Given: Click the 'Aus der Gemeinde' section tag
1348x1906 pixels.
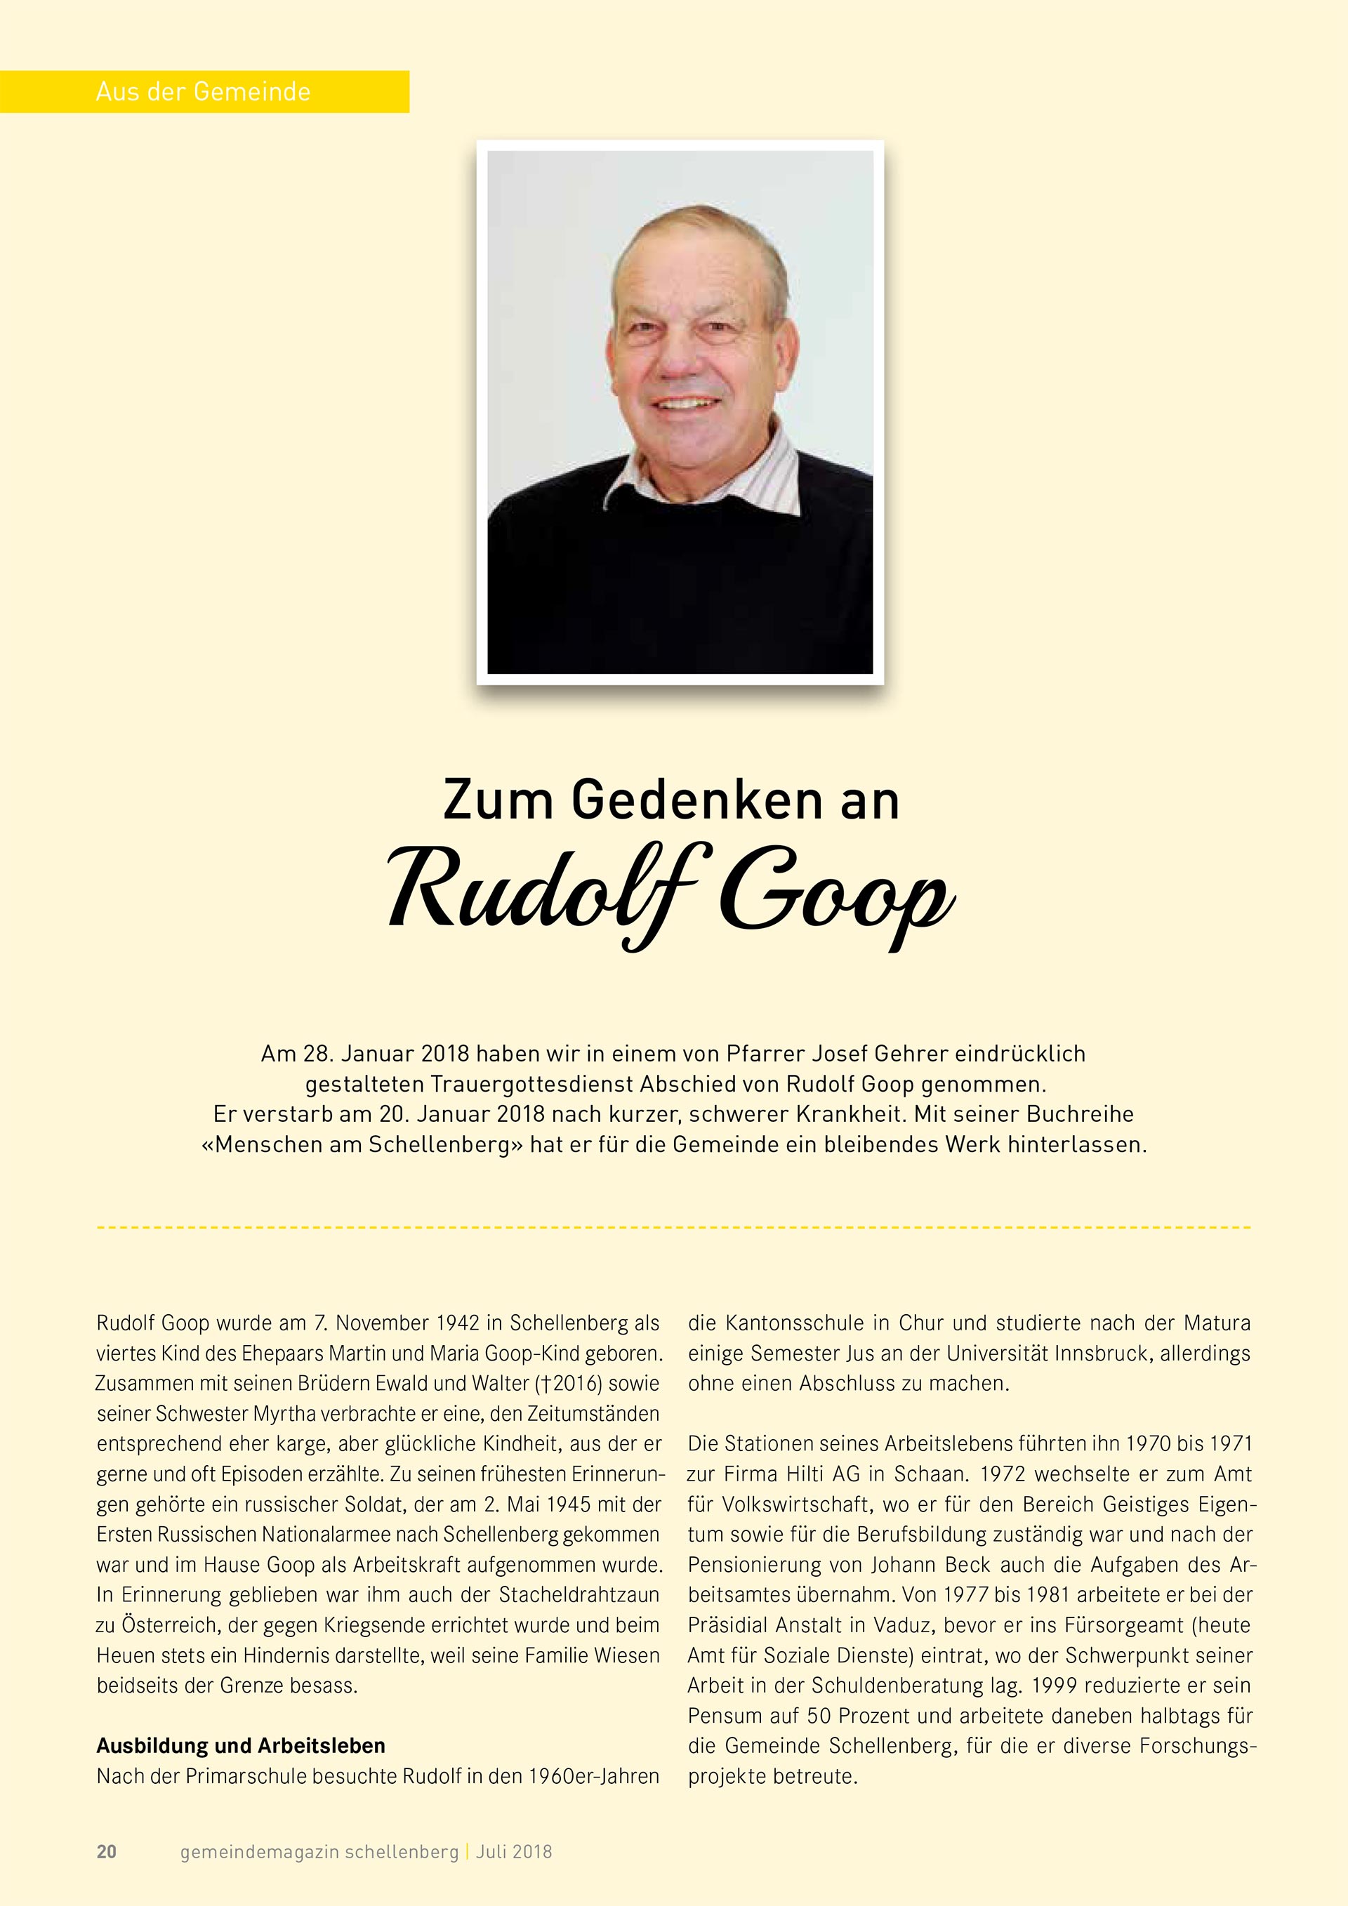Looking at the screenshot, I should [x=204, y=91].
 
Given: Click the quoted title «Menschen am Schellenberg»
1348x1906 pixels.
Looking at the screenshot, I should [x=362, y=1145].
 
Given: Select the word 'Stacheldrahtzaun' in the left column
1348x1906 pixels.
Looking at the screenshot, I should [x=579, y=1595].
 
